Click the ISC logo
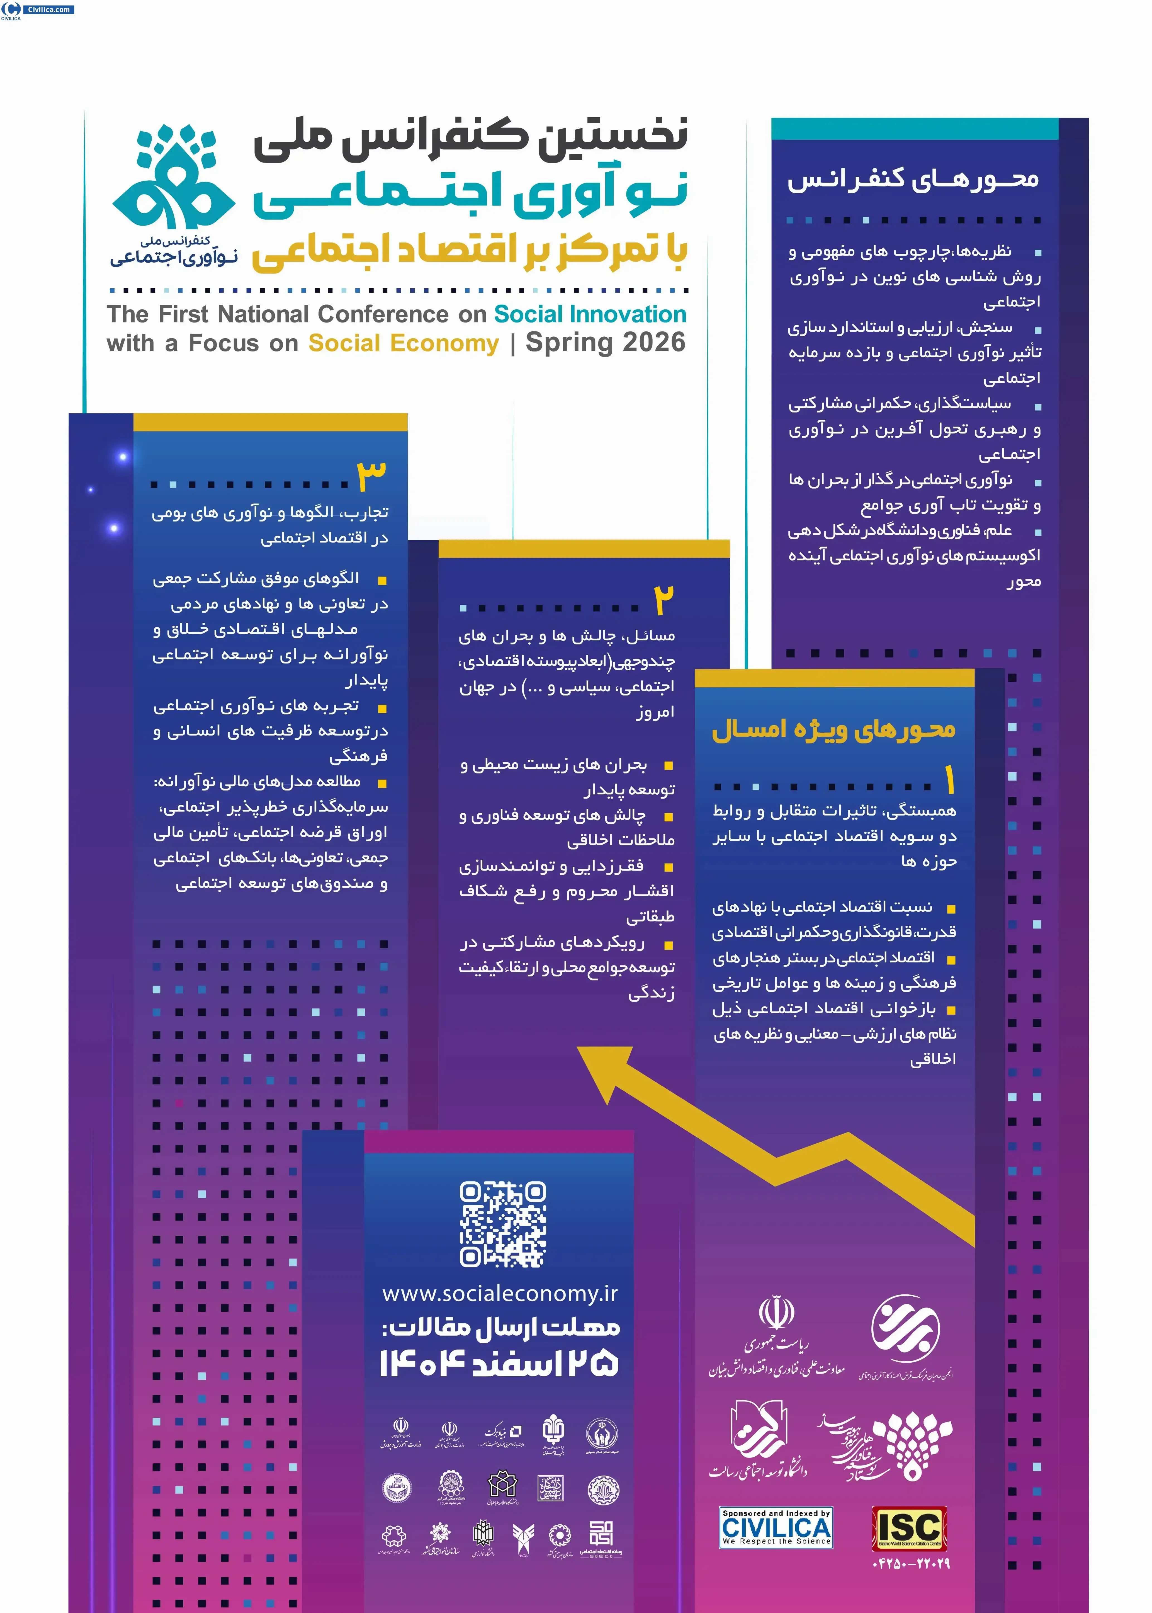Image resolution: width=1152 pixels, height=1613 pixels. (x=909, y=1529)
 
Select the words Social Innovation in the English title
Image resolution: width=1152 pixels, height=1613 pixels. (x=590, y=314)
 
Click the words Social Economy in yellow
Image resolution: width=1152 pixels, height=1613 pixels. (x=404, y=343)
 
